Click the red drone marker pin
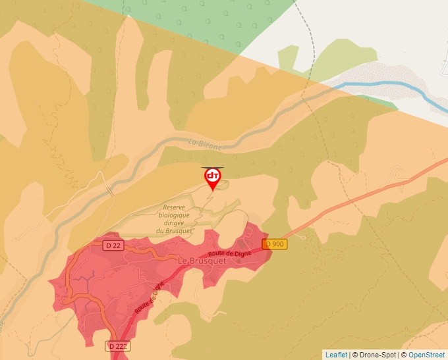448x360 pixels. pos(212,178)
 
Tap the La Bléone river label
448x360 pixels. pos(205,144)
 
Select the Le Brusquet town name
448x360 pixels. pos(202,261)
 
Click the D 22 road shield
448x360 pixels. pos(113,245)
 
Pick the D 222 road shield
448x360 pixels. pos(118,346)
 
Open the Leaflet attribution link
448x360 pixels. pos(336,355)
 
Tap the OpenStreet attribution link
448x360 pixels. pos(427,355)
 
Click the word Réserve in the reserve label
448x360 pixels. pos(176,207)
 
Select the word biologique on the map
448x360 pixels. pos(174,215)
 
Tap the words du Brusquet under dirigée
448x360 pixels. pos(173,231)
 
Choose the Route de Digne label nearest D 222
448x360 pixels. pos(148,298)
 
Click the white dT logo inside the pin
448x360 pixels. pos(212,176)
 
